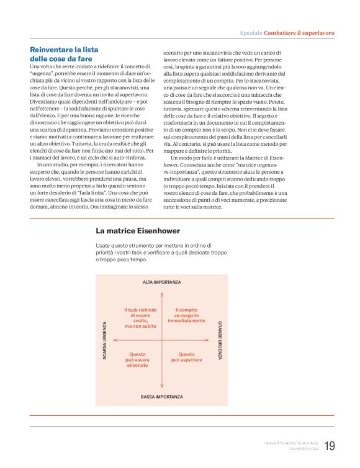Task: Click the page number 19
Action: pyautogui.click(x=329, y=446)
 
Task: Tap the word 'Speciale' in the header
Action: pyautogui.click(x=251, y=32)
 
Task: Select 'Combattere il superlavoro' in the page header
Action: pyautogui.click(x=299, y=32)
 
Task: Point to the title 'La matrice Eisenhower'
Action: pyautogui.click(x=138, y=231)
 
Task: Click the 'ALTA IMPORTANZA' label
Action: pyautogui.click(x=162, y=282)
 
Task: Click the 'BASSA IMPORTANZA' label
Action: pyautogui.click(x=162, y=396)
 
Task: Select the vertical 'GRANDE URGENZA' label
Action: pyautogui.click(x=220, y=340)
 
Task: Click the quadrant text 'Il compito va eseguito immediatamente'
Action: pyautogui.click(x=186, y=315)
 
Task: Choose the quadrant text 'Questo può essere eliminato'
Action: pyautogui.click(x=137, y=360)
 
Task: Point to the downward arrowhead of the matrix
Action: pyautogui.click(x=162, y=388)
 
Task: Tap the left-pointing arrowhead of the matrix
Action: pyautogui.click(x=112, y=340)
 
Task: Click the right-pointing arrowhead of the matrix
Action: pyautogui.click(x=212, y=340)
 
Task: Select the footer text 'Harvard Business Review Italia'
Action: pyautogui.click(x=290, y=442)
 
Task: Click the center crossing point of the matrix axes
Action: pyautogui.click(x=162, y=340)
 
